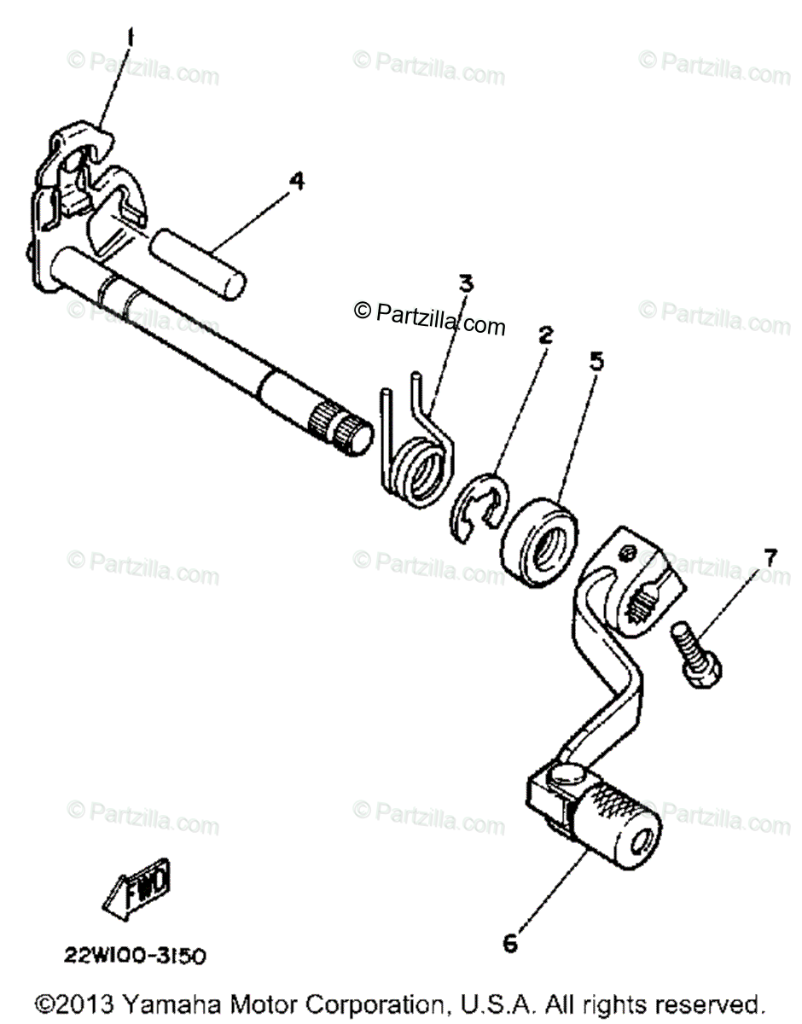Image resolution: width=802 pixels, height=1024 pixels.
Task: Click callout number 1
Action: pyautogui.click(x=131, y=38)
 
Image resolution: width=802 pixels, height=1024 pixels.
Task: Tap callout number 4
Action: pyautogui.click(x=295, y=182)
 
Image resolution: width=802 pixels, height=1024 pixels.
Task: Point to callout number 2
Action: pyautogui.click(x=544, y=335)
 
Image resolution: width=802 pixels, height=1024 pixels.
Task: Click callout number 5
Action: pyautogui.click(x=596, y=360)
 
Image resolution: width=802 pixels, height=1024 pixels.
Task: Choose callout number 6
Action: pyautogui.click(x=509, y=942)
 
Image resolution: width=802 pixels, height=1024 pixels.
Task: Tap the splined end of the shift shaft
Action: pyautogui.click(x=345, y=425)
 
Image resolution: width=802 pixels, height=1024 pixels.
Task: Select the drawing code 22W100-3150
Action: pyautogui.click(x=133, y=956)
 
